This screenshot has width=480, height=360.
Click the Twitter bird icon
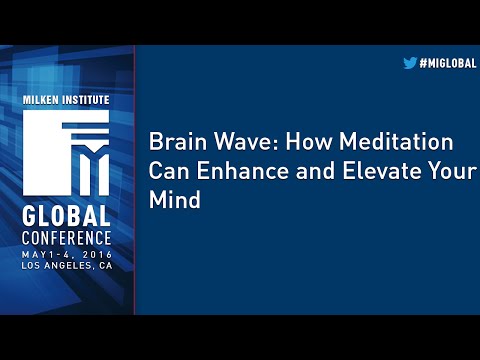point(409,62)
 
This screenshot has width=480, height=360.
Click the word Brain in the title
point(173,141)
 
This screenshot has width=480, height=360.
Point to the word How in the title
point(289,141)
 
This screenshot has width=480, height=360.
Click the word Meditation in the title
point(384,141)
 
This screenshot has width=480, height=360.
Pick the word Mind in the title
point(175,199)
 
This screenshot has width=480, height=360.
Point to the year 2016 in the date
point(93,255)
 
